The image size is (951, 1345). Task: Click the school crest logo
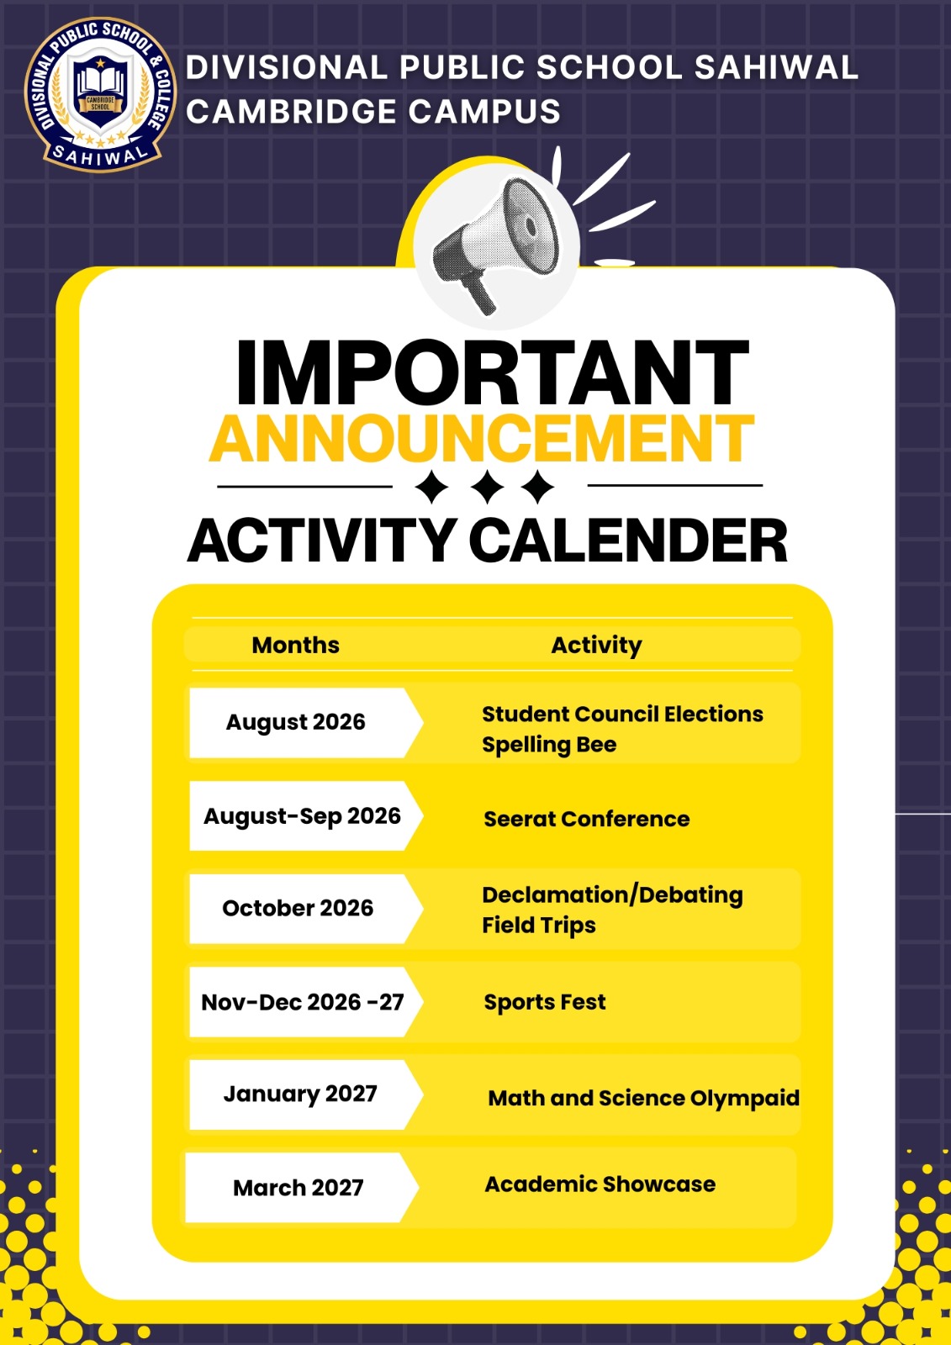(100, 94)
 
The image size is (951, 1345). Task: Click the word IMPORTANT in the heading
(493, 372)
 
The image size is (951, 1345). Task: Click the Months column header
(296, 645)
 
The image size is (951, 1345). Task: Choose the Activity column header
(596, 646)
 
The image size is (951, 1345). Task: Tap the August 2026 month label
(296, 722)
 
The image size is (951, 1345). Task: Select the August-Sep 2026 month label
(302, 816)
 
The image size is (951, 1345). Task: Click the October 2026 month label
(298, 908)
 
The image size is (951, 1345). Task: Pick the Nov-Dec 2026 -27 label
(302, 1002)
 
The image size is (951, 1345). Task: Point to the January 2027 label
(300, 1094)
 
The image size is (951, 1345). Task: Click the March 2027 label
(299, 1188)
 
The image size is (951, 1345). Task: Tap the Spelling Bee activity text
(549, 745)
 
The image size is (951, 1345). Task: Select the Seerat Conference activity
(587, 819)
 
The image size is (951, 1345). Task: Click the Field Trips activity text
(539, 926)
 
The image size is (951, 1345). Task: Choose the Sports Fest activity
(545, 1002)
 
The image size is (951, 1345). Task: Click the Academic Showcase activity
(600, 1184)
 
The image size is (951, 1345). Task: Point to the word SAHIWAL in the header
(776, 66)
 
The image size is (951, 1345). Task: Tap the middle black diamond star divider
(488, 487)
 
